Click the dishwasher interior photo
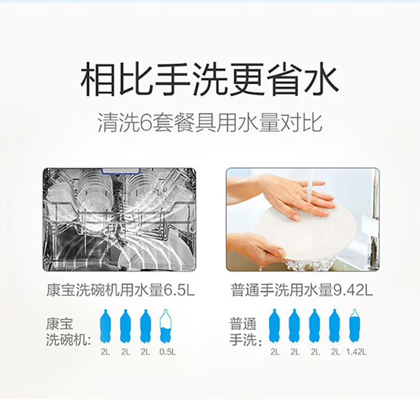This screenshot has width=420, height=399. point(119,219)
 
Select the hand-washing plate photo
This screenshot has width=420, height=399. point(303,219)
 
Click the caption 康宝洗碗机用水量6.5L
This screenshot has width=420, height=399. point(120,290)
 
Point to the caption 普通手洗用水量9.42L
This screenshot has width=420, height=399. point(302,290)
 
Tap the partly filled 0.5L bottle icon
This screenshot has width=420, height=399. point(166,326)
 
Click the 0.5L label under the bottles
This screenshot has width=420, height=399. point(167,352)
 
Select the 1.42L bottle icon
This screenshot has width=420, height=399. point(354,326)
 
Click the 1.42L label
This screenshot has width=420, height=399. point(356,352)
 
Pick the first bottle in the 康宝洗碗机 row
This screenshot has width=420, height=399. point(105,326)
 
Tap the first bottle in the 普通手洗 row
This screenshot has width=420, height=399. point(274,326)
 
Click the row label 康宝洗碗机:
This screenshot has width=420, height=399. point(68,332)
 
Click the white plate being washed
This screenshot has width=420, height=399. point(306,233)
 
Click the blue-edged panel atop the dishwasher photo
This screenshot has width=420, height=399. point(121,171)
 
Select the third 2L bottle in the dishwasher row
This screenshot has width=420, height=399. point(146,326)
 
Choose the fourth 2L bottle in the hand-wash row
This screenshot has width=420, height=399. point(334,326)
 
